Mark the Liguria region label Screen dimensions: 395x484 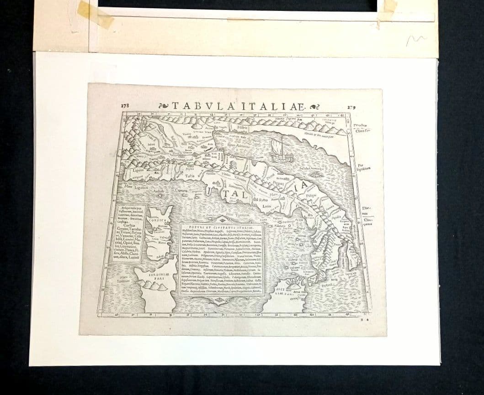click(138, 171)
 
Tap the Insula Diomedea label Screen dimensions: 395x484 click(311, 168)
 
